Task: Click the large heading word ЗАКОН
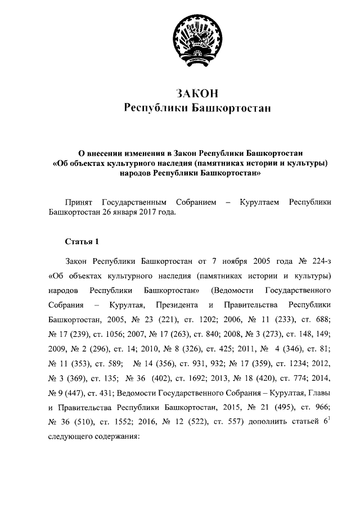coord(197,92)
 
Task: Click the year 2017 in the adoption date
coord(147,213)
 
